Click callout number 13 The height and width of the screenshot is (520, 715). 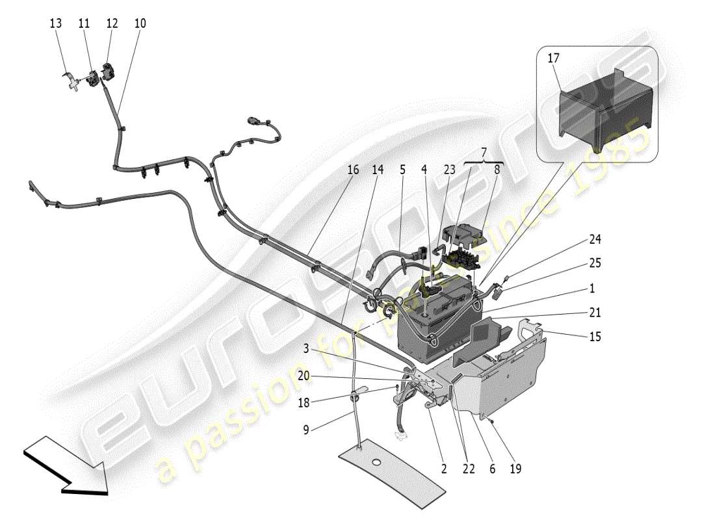(x=56, y=23)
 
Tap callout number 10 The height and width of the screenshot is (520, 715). (x=140, y=23)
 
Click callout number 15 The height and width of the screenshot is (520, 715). (x=595, y=337)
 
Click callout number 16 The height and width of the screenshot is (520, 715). (x=353, y=170)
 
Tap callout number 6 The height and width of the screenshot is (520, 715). (x=492, y=468)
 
